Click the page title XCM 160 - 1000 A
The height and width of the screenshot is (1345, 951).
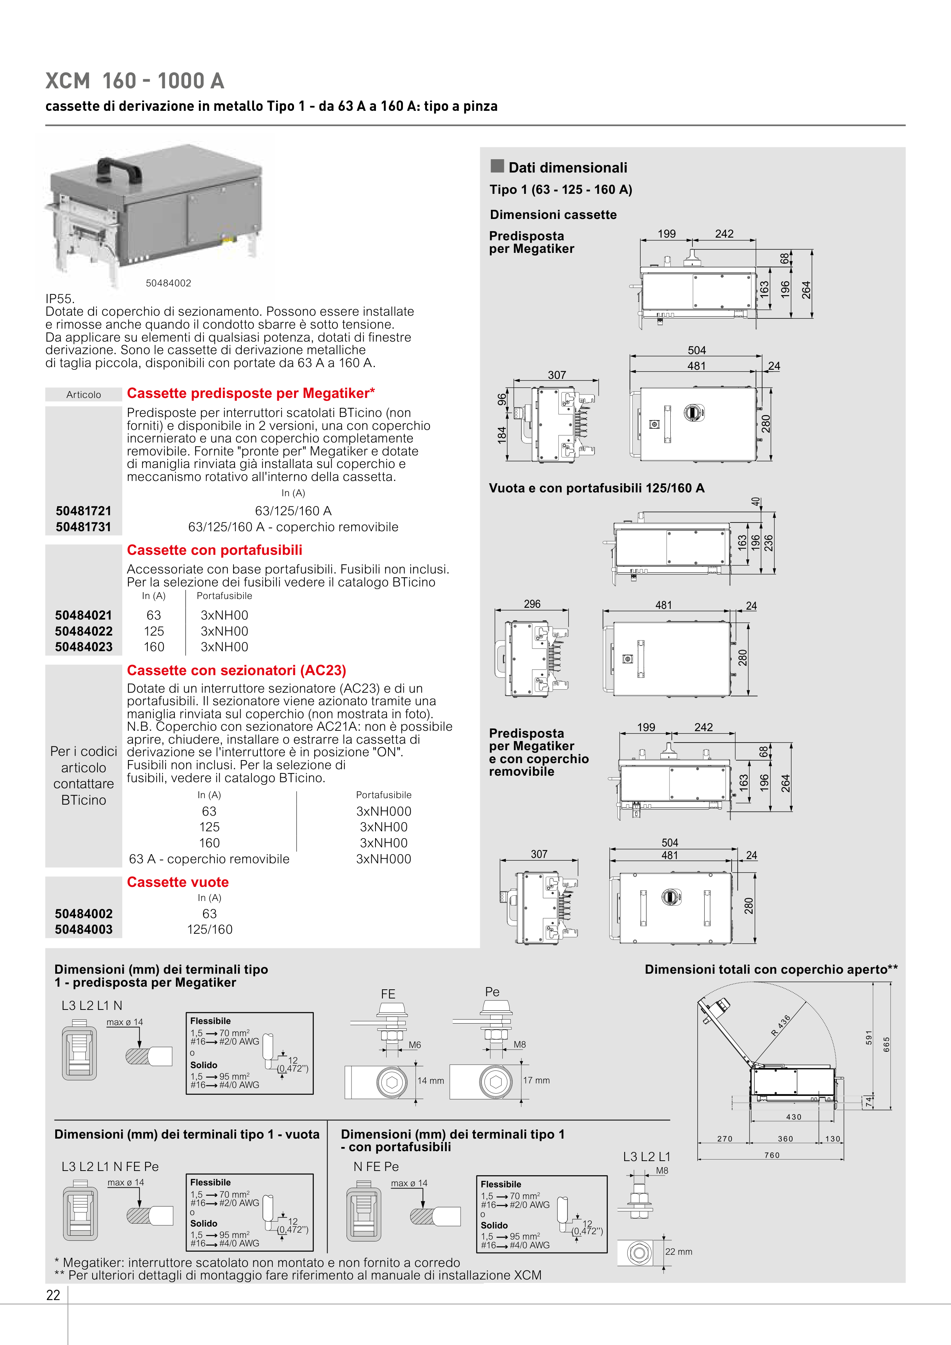(135, 81)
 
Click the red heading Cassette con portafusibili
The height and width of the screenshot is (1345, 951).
(214, 550)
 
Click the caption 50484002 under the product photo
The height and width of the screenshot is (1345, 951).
(168, 283)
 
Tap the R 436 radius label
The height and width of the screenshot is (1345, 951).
(781, 1025)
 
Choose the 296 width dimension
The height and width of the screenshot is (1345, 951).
(532, 604)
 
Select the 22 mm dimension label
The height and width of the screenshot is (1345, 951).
(679, 1251)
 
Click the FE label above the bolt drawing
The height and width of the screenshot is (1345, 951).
(388, 994)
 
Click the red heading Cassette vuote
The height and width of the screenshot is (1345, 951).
(177, 882)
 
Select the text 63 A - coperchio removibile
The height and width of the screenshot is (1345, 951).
(209, 859)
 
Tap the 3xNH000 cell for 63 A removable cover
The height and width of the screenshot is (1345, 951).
(384, 859)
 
